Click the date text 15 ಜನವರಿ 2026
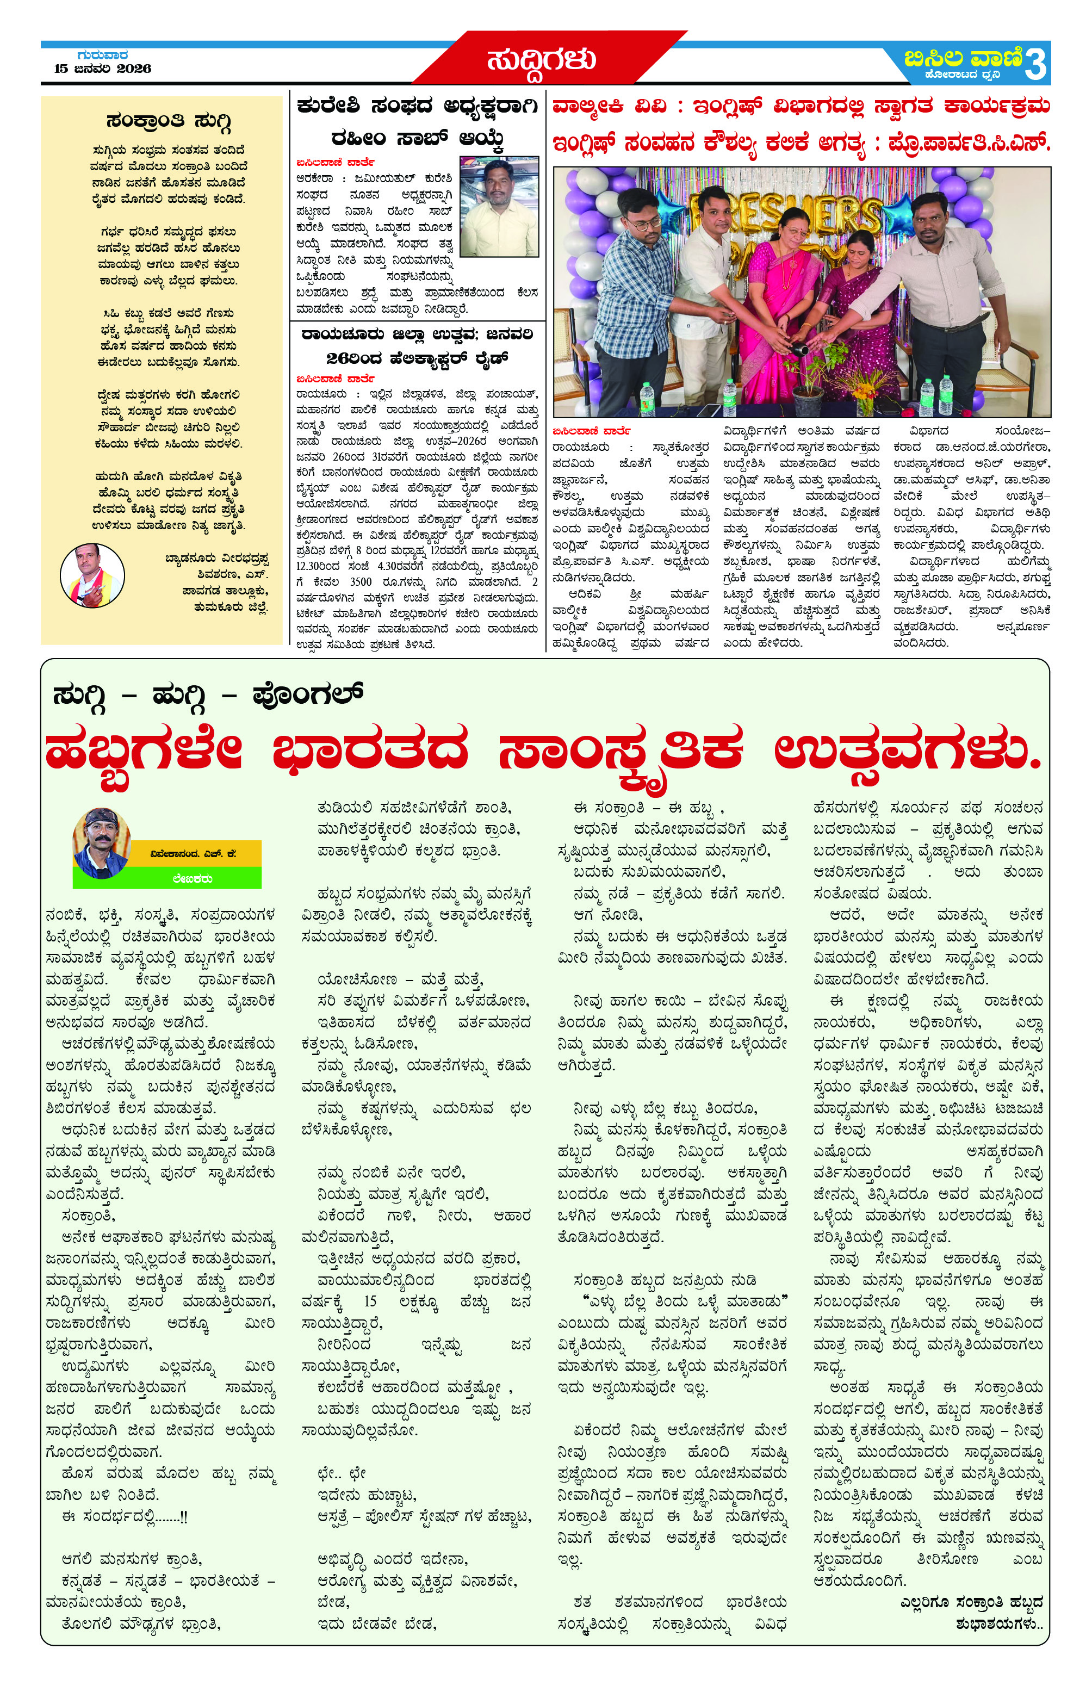(103, 69)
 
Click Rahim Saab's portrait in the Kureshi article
(499, 206)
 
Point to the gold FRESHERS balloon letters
(786, 213)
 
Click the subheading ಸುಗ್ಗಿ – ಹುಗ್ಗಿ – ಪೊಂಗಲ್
(208, 695)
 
